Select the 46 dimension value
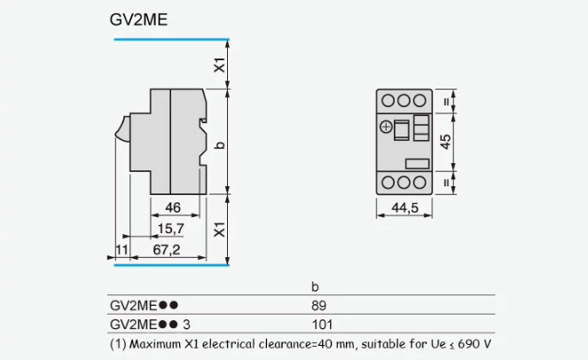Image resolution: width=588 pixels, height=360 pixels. (174, 208)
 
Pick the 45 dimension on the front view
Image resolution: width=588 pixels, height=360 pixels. (446, 139)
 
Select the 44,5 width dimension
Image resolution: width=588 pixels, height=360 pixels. (404, 208)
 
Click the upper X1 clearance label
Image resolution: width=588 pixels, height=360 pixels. (219, 65)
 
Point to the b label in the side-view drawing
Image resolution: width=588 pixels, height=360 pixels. (219, 144)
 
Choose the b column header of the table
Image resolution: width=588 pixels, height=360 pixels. (314, 287)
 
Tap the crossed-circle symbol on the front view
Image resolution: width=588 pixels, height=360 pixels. (385, 127)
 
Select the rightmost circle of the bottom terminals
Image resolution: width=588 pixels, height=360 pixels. (421, 182)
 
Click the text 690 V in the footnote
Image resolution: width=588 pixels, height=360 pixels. (475, 343)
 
